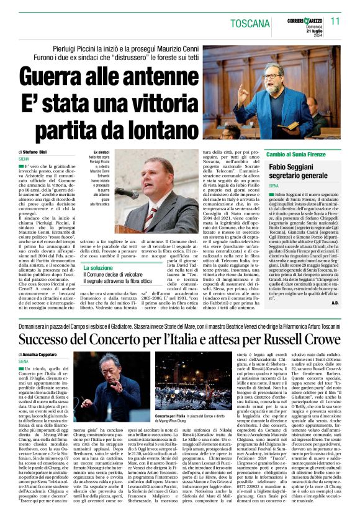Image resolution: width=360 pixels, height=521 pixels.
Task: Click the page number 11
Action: (336, 20)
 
